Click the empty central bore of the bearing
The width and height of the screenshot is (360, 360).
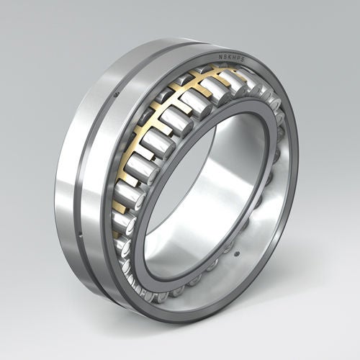pyautogui.click(x=216, y=187)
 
